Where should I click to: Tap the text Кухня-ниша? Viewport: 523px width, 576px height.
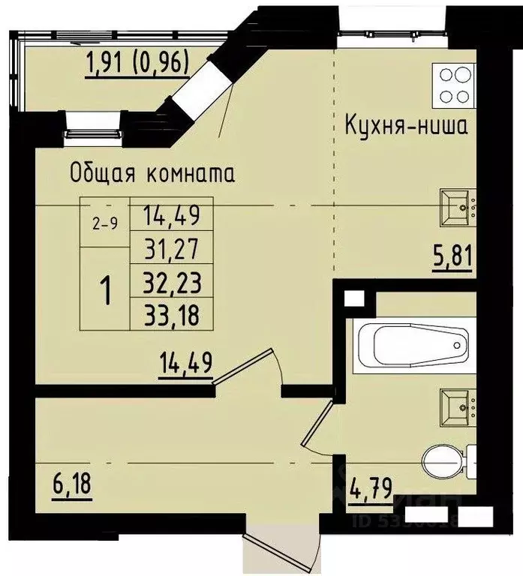406,124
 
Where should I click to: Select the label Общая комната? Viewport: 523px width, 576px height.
152,173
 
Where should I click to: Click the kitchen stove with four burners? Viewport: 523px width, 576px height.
453,85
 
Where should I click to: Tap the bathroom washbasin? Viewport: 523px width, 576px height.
456,405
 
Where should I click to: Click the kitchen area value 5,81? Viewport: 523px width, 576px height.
452,260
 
